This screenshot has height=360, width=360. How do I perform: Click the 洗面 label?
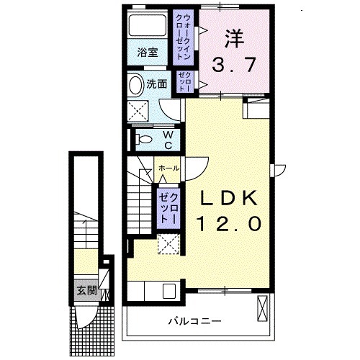point(157,84)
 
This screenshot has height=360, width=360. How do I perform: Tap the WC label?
point(166,140)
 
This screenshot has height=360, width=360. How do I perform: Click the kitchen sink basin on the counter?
point(170,291)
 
